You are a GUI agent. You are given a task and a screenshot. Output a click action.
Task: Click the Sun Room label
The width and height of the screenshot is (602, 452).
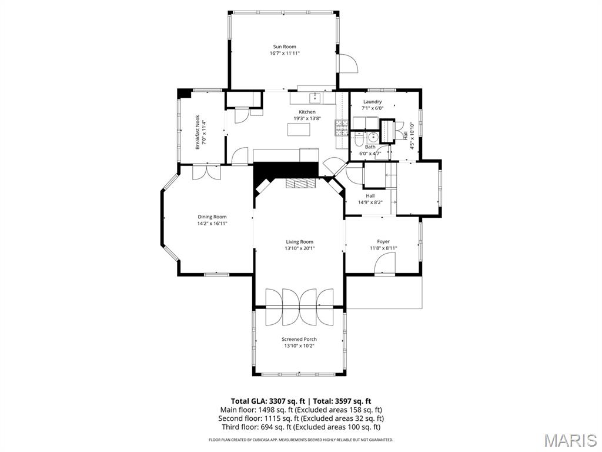pos(285,47)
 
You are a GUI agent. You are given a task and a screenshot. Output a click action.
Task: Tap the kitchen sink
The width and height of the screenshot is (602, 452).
pos(316,98)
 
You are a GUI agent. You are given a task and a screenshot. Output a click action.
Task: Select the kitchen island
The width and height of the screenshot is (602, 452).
pos(299,129)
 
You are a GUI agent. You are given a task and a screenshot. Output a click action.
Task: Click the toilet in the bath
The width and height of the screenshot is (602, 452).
pos(358,139)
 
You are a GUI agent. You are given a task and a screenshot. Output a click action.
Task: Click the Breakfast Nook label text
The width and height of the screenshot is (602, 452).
pos(198,132)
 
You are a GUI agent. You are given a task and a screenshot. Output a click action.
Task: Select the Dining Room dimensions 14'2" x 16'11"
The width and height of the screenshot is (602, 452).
pos(212,223)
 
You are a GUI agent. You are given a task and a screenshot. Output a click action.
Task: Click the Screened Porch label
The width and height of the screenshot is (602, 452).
pos(299,340)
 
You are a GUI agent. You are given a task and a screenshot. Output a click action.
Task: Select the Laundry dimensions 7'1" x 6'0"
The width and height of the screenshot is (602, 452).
pos(372,108)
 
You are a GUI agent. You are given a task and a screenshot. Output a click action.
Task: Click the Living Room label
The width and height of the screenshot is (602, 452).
pos(299,242)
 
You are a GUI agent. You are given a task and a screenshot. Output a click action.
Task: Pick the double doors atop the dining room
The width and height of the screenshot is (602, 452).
pos(206,172)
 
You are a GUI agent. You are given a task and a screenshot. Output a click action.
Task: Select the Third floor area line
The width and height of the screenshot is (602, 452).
pos(301,427)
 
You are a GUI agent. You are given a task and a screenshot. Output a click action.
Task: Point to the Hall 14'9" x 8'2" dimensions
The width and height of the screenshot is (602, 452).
pos(370,202)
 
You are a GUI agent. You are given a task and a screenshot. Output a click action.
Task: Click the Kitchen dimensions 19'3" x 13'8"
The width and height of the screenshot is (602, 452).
pos(307,119)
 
